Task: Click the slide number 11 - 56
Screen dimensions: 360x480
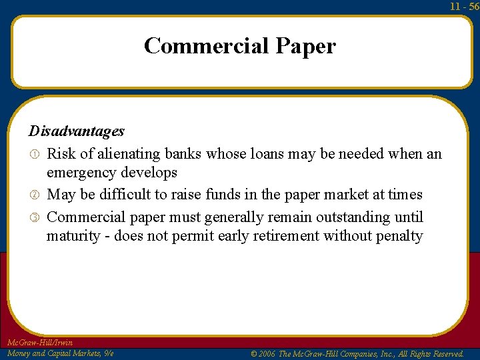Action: [465, 6]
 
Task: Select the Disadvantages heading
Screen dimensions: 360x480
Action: [76, 131]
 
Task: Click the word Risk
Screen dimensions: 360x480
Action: [61, 154]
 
